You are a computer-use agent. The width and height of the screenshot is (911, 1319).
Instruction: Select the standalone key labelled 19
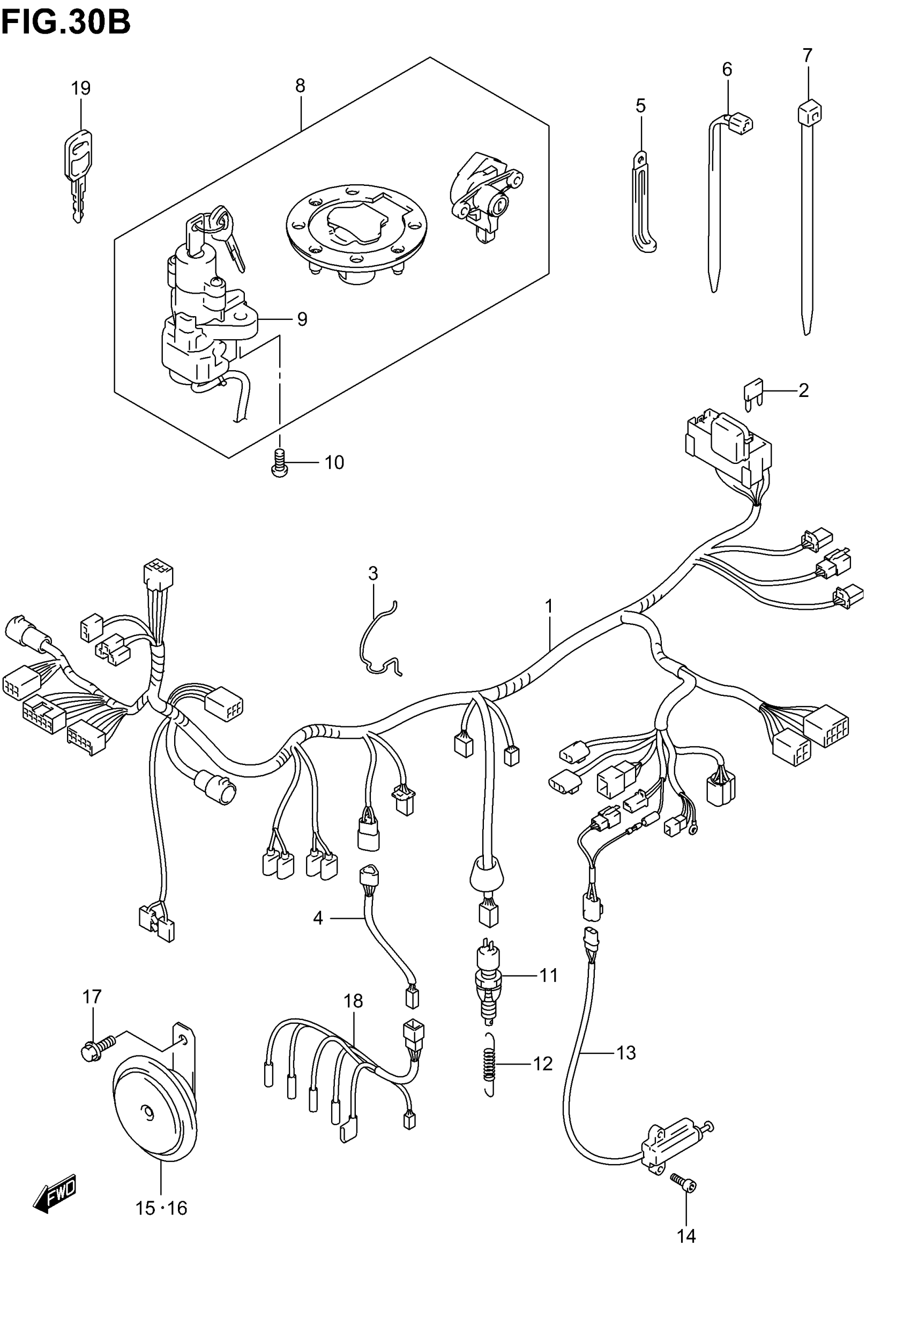(78, 171)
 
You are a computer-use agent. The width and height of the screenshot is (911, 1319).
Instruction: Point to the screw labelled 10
(280, 463)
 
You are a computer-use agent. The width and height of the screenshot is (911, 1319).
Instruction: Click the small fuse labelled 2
(751, 393)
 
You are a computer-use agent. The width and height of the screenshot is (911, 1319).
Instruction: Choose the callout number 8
(300, 86)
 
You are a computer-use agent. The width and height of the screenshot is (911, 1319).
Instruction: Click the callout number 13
(625, 1053)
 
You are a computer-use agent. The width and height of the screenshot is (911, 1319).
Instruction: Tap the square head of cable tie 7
(809, 111)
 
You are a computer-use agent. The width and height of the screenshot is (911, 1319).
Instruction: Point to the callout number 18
(353, 1001)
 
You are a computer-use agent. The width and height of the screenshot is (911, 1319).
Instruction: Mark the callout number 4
(318, 918)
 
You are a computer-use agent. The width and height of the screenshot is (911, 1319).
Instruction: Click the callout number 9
(302, 319)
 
